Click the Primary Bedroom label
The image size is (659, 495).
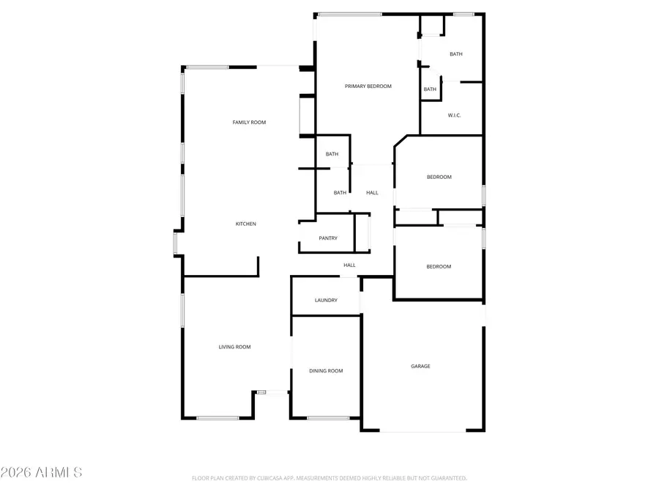[368, 87]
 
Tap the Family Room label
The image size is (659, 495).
[249, 122]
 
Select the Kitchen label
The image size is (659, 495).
[245, 224]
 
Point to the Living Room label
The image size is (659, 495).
[234, 347]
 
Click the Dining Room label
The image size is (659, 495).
[326, 371]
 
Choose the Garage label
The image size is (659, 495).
[420, 366]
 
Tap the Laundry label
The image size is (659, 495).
[326, 300]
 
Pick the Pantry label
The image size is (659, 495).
[327, 238]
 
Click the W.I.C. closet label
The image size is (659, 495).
[454, 115]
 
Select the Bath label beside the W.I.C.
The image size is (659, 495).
[430, 89]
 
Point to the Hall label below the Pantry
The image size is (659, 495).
[349, 265]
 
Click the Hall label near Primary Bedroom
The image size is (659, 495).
[372, 193]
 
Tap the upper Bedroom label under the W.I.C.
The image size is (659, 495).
[439, 177]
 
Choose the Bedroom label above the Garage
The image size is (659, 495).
[439, 266]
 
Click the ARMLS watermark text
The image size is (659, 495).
[42, 472]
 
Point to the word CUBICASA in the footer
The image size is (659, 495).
[269, 478]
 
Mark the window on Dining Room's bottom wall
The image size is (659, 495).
[328, 418]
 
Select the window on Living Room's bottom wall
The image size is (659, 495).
[217, 418]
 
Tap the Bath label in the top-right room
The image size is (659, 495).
[455, 54]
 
